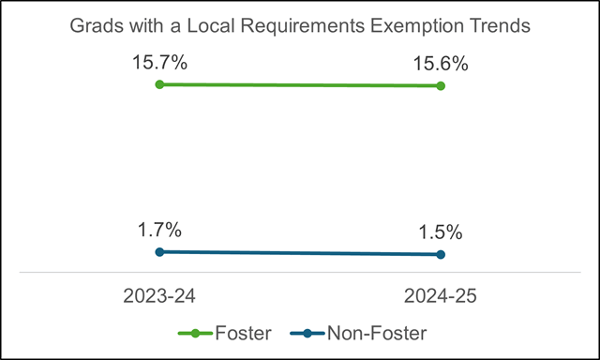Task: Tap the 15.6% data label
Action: pos(441,66)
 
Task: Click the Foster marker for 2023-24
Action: pos(159,84)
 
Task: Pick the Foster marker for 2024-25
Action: pos(441,86)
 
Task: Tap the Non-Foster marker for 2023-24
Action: pos(159,251)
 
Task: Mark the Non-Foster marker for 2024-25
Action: pos(441,254)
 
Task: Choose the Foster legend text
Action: pos(241,332)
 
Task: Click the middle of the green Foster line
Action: pos(300,85)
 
